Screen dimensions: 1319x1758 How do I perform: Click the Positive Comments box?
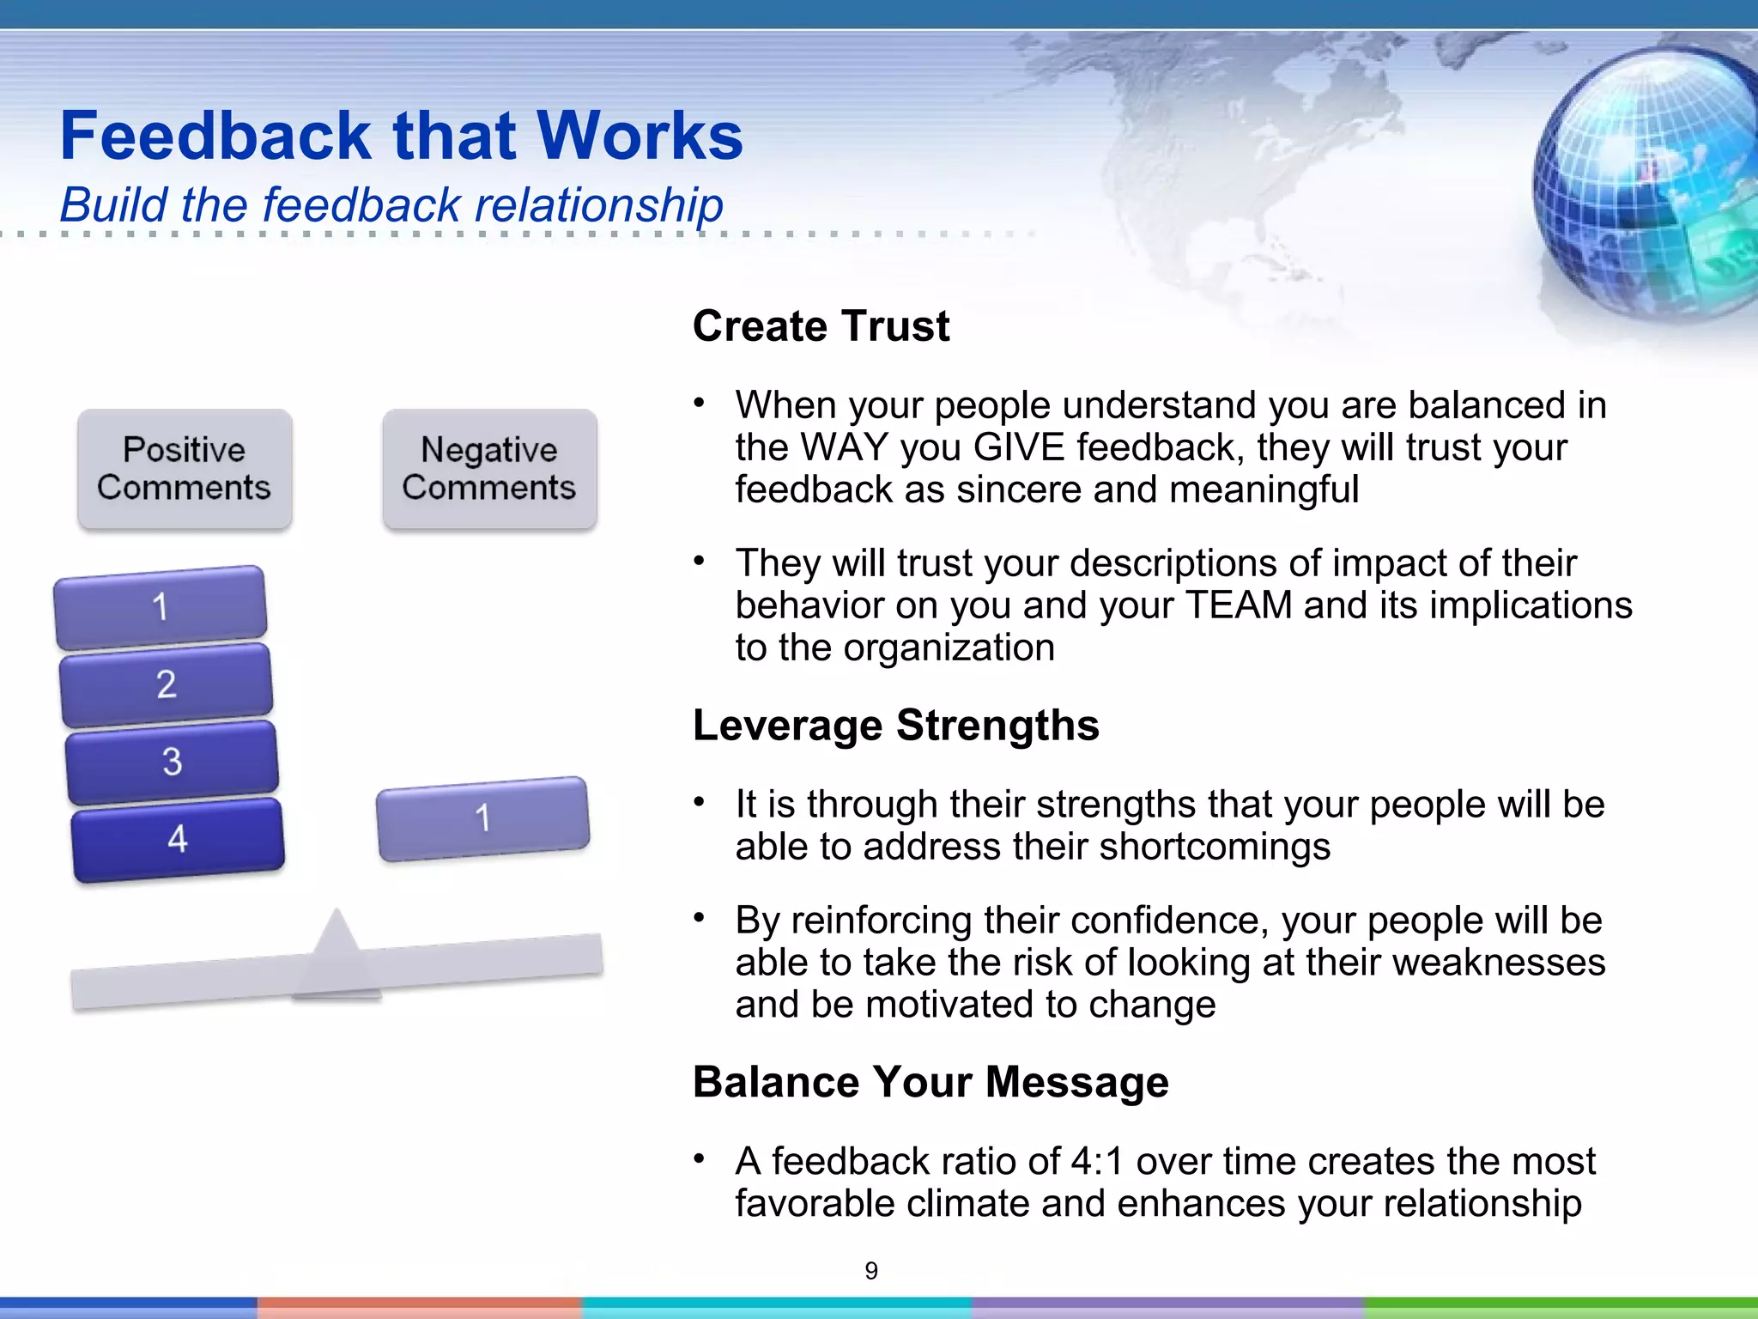pyautogui.click(x=185, y=469)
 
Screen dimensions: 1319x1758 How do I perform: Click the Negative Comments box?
pyautogui.click(x=489, y=469)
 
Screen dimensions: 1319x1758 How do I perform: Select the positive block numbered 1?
pyautogui.click(x=161, y=607)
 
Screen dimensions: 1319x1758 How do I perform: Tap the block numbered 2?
pyautogui.click(x=167, y=684)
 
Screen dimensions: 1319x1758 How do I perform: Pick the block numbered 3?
pyautogui.click(x=172, y=762)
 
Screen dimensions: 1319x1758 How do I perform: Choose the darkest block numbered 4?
pyautogui.click(x=178, y=839)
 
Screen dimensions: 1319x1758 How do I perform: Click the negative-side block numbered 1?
pyautogui.click(x=483, y=818)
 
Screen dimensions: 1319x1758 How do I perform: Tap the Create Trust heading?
pyautogui.click(x=821, y=326)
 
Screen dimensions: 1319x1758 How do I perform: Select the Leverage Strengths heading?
pyautogui.click(x=895, y=726)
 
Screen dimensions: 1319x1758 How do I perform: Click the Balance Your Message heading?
pyautogui.click(x=931, y=1082)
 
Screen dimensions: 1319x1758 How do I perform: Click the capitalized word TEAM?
pyautogui.click(x=1238, y=605)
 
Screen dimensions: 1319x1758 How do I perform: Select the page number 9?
pyautogui.click(x=871, y=1271)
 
